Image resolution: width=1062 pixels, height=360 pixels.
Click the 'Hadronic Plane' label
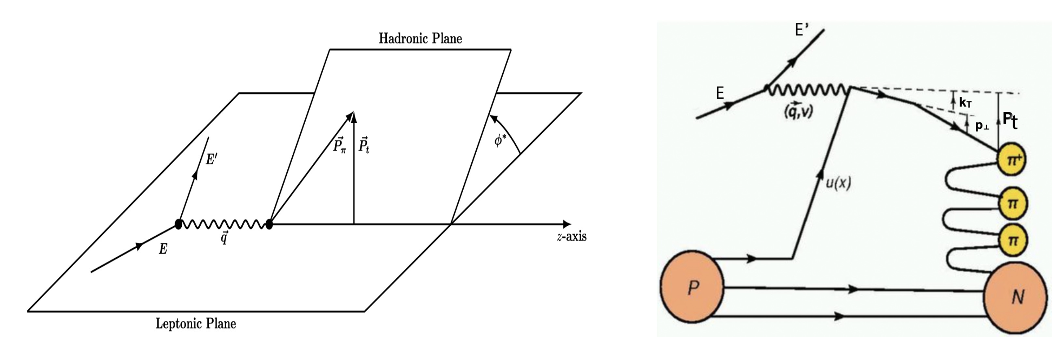coord(420,39)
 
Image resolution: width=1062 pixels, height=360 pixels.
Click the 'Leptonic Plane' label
coord(196,323)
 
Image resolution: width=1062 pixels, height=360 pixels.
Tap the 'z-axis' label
coord(571,237)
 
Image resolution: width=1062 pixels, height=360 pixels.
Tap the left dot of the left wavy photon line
coord(178,224)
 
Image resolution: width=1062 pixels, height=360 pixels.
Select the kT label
coord(965,103)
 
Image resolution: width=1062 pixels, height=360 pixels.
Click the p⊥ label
coord(982,126)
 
